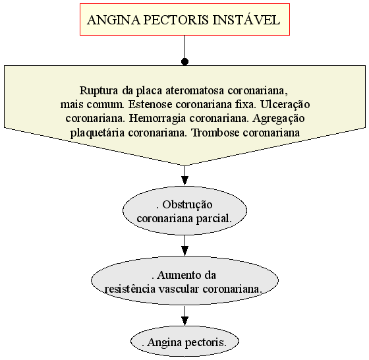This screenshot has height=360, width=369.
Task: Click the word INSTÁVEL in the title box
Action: point(246,20)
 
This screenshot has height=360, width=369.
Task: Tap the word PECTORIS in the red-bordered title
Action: point(176,20)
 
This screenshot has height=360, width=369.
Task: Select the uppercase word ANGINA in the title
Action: point(113,20)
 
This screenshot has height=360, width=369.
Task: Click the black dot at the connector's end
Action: point(184,62)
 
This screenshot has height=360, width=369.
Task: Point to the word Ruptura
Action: point(99,90)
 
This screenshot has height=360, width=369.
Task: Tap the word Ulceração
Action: point(285,105)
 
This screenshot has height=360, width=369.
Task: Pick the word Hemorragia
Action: point(157,119)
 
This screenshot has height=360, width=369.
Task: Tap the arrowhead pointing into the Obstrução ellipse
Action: point(184,181)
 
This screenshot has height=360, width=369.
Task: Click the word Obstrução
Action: point(187,205)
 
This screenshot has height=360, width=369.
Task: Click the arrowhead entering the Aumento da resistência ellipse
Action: point(184,251)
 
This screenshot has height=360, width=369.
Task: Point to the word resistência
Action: point(130,289)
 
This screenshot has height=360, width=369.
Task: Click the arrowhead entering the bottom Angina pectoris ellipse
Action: point(184,320)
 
